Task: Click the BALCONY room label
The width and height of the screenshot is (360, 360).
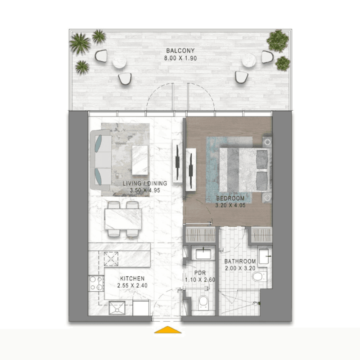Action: (180, 50)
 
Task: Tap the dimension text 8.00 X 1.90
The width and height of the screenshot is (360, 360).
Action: (180, 58)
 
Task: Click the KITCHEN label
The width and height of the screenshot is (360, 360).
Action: (132, 279)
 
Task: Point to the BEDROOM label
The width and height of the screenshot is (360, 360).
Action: (230, 198)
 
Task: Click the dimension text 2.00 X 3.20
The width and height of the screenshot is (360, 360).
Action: (240, 268)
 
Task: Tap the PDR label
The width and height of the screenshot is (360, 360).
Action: (200, 273)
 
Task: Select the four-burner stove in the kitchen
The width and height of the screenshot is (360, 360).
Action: (96, 283)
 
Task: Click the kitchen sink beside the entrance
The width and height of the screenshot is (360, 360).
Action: (117, 308)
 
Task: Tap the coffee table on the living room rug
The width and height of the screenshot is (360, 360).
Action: (140, 160)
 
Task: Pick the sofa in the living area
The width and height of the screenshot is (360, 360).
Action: (101, 160)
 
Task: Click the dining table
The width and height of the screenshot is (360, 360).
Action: (123, 219)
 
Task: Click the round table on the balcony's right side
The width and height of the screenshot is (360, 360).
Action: (249, 60)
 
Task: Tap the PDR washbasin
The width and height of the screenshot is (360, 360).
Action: (203, 254)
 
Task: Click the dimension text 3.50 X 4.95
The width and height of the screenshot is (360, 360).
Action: (145, 190)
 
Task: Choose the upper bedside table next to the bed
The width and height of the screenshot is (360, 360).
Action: (267, 142)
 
